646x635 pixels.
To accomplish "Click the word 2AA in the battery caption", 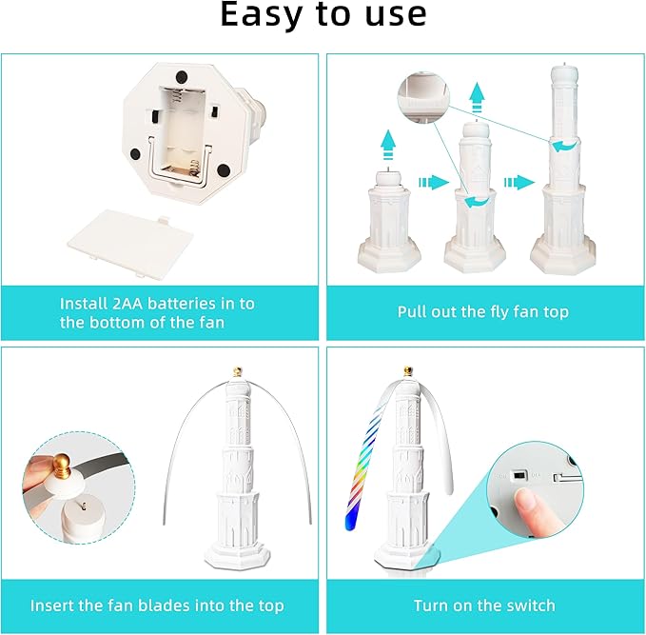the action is point(127,304).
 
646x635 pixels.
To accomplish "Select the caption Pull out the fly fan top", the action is point(483,312).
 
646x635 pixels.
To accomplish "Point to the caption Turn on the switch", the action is point(484,605).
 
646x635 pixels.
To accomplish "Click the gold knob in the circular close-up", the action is point(62,465).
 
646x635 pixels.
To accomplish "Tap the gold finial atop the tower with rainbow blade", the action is point(408,370).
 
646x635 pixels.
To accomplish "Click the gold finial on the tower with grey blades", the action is point(237,371).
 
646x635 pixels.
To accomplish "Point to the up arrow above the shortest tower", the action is point(388,145).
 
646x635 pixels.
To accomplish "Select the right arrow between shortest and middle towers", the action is point(434,182).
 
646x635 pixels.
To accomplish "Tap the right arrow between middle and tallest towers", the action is point(519,182).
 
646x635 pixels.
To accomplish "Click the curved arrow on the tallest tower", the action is point(564,146).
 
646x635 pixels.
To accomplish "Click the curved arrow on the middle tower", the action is point(477,202).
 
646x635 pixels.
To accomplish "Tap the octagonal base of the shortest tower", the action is point(389,256).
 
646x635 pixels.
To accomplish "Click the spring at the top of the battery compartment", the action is point(176,96).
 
